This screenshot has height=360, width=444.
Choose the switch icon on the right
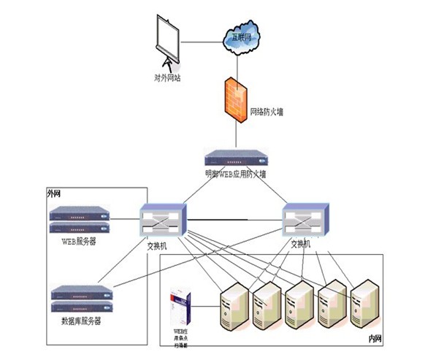coord(306,218)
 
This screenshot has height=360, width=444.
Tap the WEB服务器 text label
coord(80,240)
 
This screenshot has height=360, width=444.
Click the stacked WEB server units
coord(80,221)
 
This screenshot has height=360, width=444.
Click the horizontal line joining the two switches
coord(234,218)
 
